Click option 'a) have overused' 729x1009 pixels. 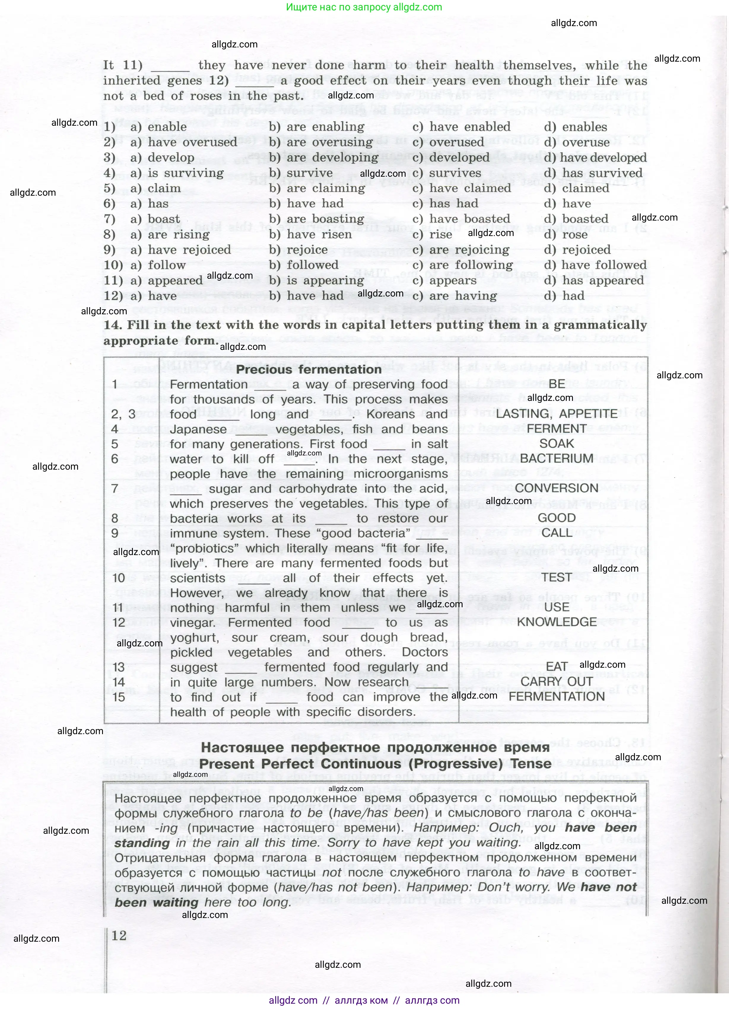pyautogui.click(x=184, y=142)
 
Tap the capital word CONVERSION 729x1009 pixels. pyautogui.click(x=556, y=488)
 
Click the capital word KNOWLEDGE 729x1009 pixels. pyautogui.click(x=556, y=622)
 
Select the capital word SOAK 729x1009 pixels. pyautogui.click(x=556, y=444)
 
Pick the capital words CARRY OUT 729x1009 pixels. pyautogui.click(x=556, y=682)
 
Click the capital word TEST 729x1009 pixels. pyautogui.click(x=556, y=578)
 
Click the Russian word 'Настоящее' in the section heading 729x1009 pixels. pyautogui.click(x=236, y=747)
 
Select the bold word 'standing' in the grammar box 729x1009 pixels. pyautogui.click(x=142, y=843)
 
